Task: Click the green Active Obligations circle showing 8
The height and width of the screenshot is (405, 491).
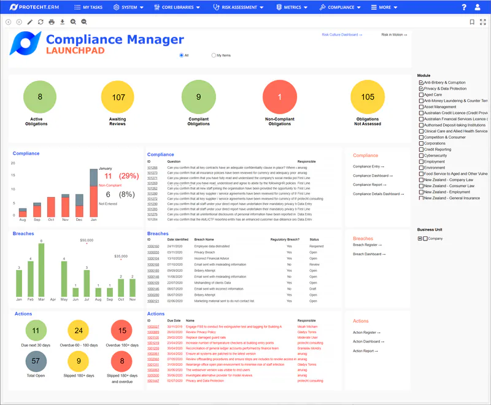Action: tap(40, 97)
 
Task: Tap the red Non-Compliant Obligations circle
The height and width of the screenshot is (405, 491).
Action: tap(279, 97)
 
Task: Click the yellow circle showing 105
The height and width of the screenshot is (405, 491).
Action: tap(368, 97)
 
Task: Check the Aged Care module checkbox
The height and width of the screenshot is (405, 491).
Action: tap(421, 94)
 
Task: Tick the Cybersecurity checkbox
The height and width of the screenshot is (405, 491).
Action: tap(421, 155)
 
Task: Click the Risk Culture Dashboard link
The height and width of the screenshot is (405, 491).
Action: tap(342, 35)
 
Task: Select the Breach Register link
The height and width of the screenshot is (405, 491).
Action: tap(367, 245)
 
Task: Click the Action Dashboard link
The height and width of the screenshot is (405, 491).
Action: tap(368, 341)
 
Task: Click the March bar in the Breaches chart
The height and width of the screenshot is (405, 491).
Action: tap(41, 271)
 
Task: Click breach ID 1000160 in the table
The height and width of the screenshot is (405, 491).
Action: tap(153, 246)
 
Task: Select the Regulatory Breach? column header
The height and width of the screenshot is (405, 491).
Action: tap(285, 239)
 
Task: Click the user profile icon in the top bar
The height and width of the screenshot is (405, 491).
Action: tap(478, 7)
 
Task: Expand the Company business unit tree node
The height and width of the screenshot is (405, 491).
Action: tap(420, 238)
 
